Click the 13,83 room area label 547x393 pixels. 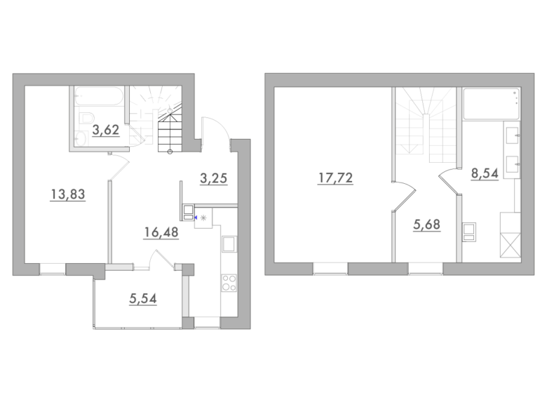68,194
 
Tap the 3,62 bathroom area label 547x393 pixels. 106,130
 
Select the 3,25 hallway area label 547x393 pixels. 213,178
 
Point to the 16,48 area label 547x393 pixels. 161,232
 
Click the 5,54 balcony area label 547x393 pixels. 142,299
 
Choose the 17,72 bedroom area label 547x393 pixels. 335,178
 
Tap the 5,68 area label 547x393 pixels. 426,225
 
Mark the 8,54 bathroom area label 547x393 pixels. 485,173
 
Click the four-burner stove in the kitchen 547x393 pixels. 229,283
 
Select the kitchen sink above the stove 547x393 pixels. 229,244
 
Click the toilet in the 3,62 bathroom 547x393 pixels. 85,118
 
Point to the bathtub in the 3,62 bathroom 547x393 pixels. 99,96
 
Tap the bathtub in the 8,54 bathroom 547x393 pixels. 491,104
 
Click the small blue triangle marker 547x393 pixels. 196,218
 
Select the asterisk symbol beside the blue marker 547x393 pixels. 204,218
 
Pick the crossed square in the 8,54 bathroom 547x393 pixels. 511,246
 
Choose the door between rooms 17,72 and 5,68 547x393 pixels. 404,196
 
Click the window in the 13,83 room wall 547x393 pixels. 53,269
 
